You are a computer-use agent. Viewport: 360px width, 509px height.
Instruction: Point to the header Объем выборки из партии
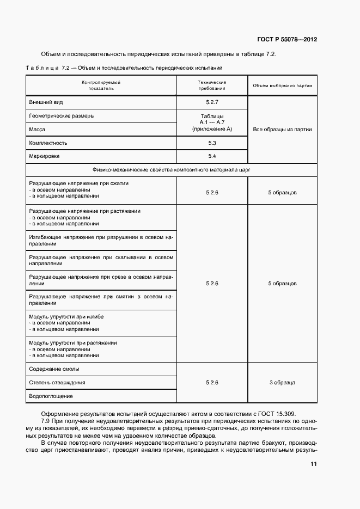click(x=282, y=85)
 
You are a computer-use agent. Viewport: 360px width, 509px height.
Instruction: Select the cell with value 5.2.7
click(x=212, y=102)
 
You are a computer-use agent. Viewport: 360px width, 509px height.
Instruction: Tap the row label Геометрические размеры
click(x=62, y=115)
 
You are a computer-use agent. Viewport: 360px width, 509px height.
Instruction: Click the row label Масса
click(x=38, y=129)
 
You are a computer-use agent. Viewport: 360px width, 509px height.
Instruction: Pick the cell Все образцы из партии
click(x=282, y=129)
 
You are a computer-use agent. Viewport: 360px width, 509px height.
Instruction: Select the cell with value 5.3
click(x=212, y=143)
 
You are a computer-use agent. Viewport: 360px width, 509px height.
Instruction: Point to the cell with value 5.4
click(x=212, y=156)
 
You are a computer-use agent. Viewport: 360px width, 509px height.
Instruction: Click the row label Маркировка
click(x=44, y=156)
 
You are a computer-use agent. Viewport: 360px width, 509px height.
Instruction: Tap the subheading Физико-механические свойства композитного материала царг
click(x=172, y=170)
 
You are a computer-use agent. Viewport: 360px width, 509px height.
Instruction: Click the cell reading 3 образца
click(x=282, y=383)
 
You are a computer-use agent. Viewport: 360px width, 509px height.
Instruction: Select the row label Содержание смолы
click(x=54, y=369)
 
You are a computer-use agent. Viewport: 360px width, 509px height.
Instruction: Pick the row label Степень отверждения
click(x=57, y=383)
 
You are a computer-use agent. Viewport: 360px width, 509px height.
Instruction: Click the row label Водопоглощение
click(x=51, y=396)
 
